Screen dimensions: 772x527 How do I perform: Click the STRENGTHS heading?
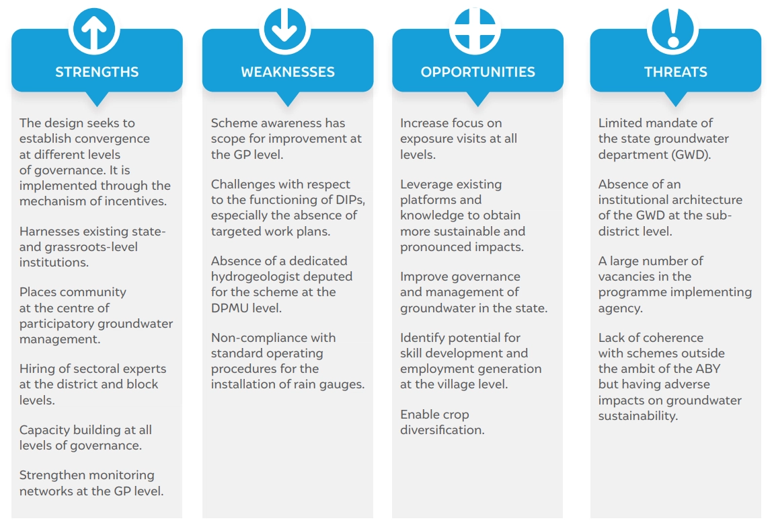tap(97, 72)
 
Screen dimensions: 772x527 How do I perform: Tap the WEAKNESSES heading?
tap(288, 72)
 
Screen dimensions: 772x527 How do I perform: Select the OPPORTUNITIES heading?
tap(477, 72)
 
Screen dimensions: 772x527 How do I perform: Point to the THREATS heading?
tap(675, 72)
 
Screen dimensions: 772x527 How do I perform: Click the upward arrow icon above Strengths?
tap(94, 30)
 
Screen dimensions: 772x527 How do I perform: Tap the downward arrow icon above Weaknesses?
tap(284, 30)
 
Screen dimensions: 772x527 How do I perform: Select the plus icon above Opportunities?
tap(475, 30)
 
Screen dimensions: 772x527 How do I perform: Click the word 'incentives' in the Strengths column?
tap(135, 201)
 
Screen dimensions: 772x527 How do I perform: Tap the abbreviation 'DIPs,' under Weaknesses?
tap(351, 200)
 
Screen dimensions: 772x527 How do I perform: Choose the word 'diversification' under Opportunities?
tap(442, 430)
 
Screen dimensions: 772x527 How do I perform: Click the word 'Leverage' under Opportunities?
tap(426, 185)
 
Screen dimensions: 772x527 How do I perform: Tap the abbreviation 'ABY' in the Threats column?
tap(708, 369)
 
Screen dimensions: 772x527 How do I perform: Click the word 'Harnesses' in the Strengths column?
tap(48, 232)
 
